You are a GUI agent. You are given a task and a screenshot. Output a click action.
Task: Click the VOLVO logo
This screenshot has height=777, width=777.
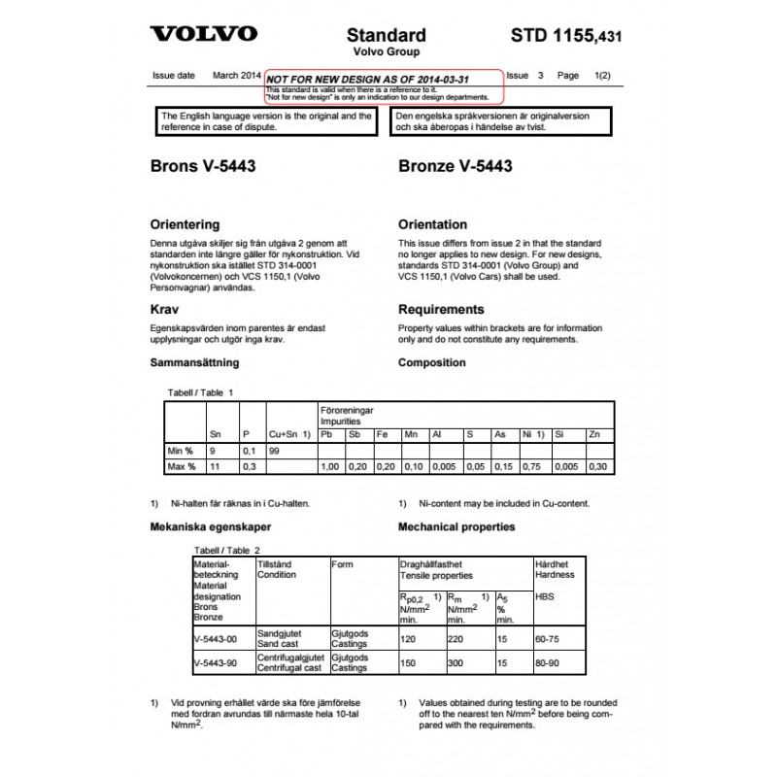click(204, 34)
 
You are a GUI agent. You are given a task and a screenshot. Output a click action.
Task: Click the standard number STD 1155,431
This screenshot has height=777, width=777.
click(564, 36)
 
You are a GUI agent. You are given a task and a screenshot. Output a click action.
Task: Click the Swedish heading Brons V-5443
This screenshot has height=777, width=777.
click(204, 166)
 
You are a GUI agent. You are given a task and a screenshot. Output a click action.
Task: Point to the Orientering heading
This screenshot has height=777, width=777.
click(185, 224)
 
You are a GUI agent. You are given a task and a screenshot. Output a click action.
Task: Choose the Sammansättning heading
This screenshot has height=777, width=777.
click(194, 363)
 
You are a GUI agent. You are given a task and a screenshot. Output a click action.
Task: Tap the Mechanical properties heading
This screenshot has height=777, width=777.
click(456, 527)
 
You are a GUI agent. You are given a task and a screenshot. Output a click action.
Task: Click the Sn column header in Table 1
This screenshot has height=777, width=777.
click(215, 434)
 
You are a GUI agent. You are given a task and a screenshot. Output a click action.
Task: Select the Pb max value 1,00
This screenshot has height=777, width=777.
click(331, 467)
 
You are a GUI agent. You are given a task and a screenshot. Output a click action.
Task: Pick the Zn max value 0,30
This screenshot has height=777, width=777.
click(599, 467)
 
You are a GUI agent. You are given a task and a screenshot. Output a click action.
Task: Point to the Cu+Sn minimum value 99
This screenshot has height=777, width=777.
click(276, 452)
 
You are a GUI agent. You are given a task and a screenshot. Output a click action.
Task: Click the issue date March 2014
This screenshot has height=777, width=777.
click(237, 75)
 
